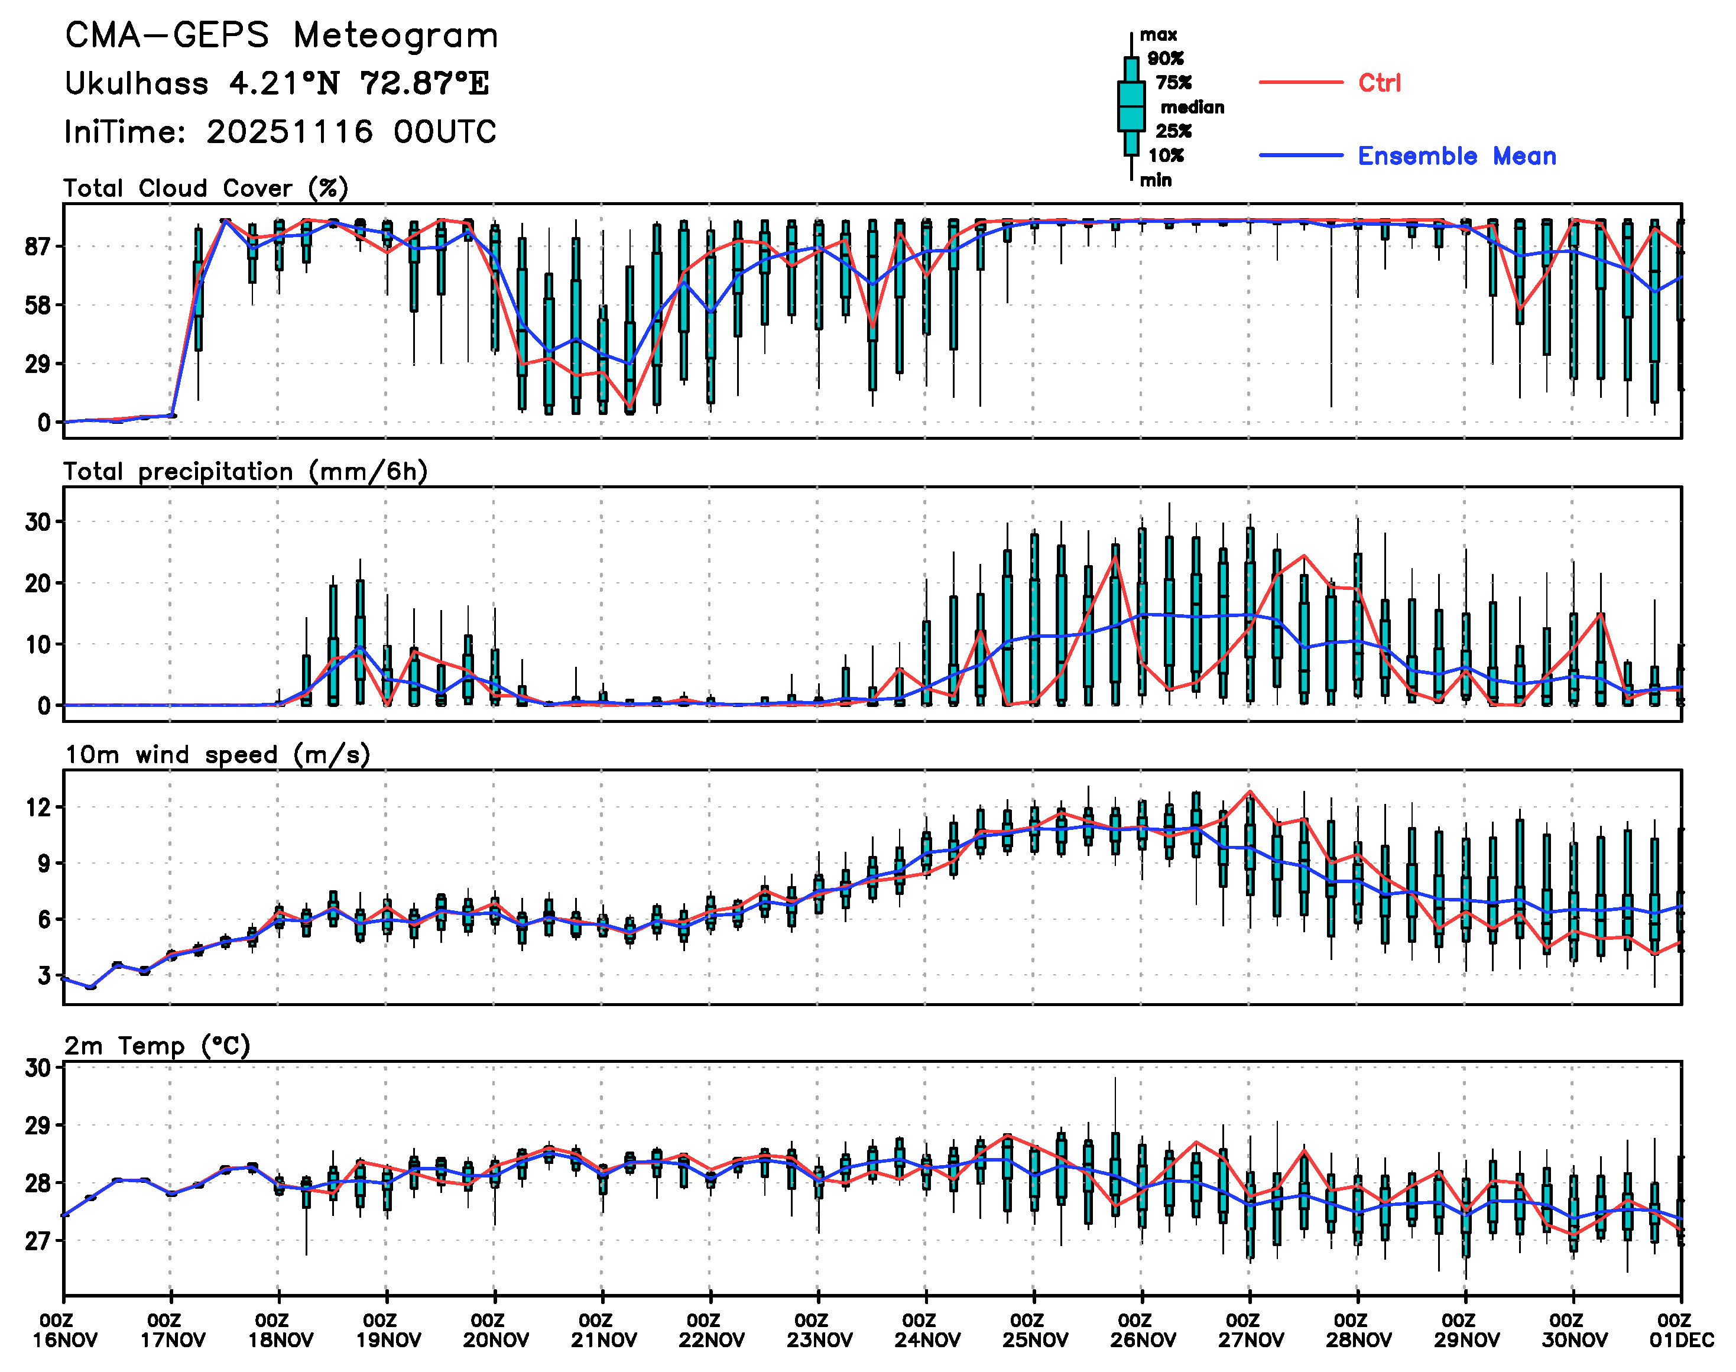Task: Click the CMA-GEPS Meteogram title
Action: pos(281,36)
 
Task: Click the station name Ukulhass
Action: pos(137,83)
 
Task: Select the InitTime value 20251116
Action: pos(289,132)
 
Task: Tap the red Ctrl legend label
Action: pos(1380,83)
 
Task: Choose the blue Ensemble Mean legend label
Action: pos(1456,156)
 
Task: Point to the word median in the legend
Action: pos(1192,108)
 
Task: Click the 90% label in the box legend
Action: pos(1165,59)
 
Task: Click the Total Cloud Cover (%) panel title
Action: pos(206,189)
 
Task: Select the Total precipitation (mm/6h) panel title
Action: pos(245,472)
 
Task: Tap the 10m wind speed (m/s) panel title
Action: pos(217,755)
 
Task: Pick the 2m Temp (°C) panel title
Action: pos(157,1046)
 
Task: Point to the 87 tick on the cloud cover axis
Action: pos(38,246)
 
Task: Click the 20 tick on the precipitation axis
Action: pos(38,583)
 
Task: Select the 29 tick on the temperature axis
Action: pos(38,1126)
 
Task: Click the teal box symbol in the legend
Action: pos(1131,106)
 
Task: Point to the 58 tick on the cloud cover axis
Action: pos(38,305)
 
